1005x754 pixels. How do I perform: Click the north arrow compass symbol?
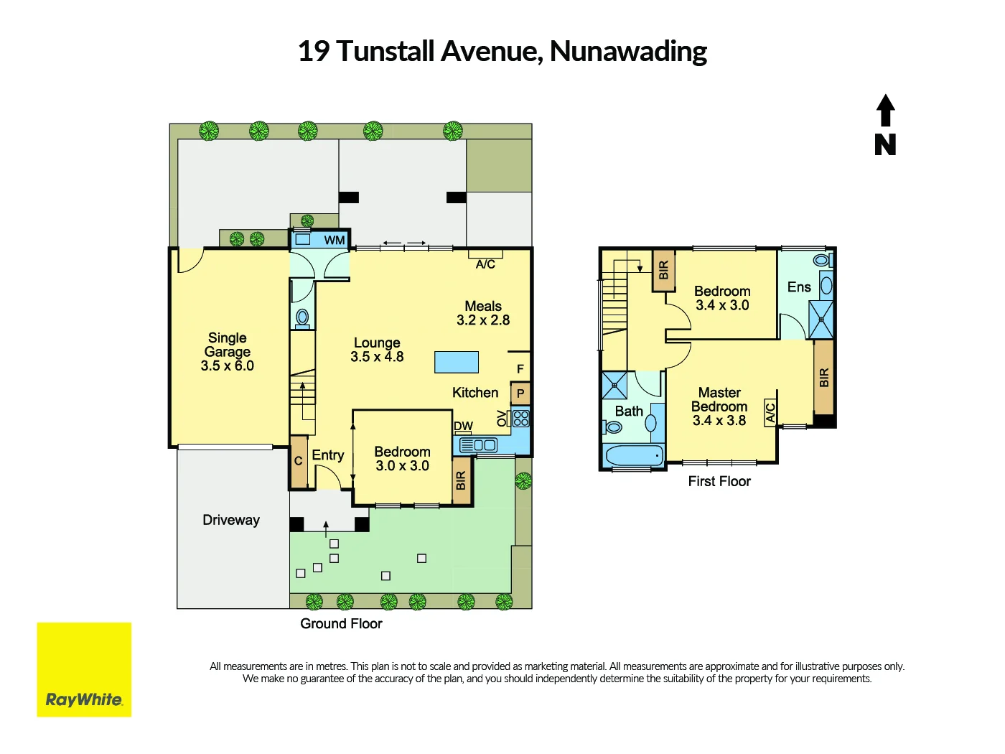pyautogui.click(x=885, y=125)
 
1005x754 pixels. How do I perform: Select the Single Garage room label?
pyautogui.click(x=228, y=351)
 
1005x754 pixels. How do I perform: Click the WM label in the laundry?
pyautogui.click(x=335, y=240)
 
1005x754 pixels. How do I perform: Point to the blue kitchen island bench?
pyautogui.click(x=457, y=362)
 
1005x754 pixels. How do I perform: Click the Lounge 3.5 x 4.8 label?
pyautogui.click(x=377, y=350)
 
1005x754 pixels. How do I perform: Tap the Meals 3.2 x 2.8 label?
pyautogui.click(x=483, y=313)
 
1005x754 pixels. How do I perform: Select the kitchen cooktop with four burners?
pyautogui.click(x=521, y=418)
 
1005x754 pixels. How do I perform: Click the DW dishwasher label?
pyautogui.click(x=463, y=426)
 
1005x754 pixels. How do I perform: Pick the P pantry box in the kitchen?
pyautogui.click(x=520, y=394)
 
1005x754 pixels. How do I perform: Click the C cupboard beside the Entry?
pyautogui.click(x=299, y=461)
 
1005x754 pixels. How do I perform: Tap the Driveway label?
pyautogui.click(x=231, y=520)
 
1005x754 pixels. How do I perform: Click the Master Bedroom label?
pyautogui.click(x=719, y=406)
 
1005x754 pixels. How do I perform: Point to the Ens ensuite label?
pyautogui.click(x=799, y=287)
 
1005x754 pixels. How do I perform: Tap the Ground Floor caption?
pyautogui.click(x=341, y=623)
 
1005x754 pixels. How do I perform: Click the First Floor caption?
pyautogui.click(x=719, y=481)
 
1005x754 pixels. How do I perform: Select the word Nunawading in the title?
pyautogui.click(x=628, y=51)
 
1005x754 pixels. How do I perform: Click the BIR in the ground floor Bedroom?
pyautogui.click(x=461, y=480)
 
